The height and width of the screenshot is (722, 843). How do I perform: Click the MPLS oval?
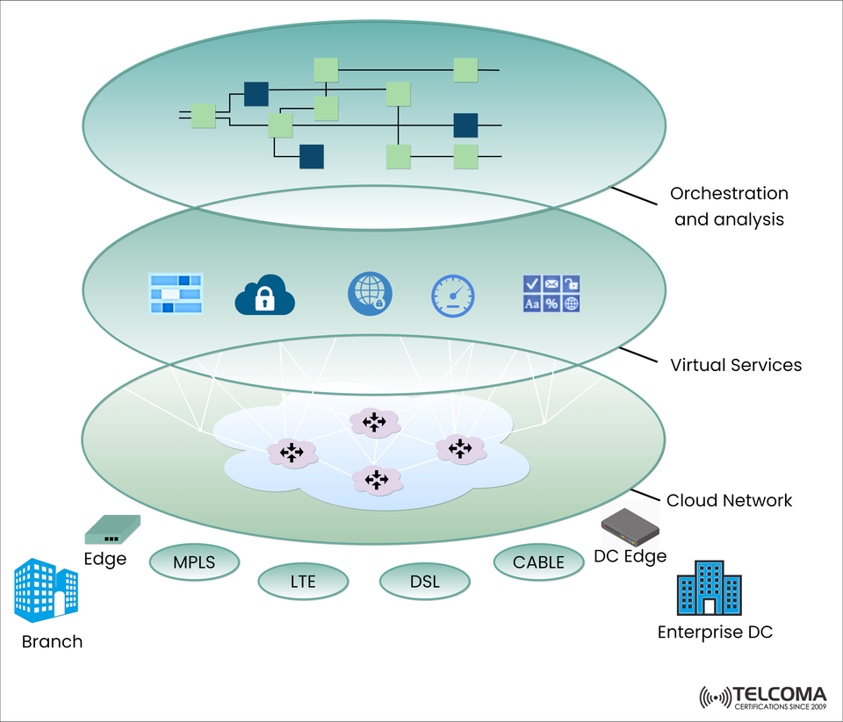coord(194,562)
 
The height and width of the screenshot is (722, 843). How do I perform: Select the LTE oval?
coord(303,581)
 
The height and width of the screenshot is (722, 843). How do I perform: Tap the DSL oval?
coord(424,581)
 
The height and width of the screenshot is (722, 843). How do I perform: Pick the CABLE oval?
coord(538,562)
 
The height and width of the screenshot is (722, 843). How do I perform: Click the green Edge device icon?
coord(112,530)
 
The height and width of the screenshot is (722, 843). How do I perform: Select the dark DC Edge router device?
coord(630,527)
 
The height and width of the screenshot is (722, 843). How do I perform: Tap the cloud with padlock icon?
coord(264,296)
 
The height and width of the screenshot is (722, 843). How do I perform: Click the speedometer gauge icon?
coord(452,296)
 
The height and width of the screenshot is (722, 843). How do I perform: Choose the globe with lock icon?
coord(370,294)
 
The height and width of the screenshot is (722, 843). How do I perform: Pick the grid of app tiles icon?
coord(551,294)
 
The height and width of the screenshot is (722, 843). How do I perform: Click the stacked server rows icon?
coord(176,294)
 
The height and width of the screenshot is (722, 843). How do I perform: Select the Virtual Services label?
coord(736,365)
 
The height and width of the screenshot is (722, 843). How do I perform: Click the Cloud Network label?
coord(729,501)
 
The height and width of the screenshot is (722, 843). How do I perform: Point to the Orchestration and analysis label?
coord(729,206)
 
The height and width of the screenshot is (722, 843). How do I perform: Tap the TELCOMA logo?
coord(762,697)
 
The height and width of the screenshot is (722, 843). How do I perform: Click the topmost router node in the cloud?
coord(375,423)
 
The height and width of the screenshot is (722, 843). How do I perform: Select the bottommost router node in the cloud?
coord(377,480)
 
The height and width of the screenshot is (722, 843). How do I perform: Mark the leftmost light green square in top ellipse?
coord(204,116)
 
